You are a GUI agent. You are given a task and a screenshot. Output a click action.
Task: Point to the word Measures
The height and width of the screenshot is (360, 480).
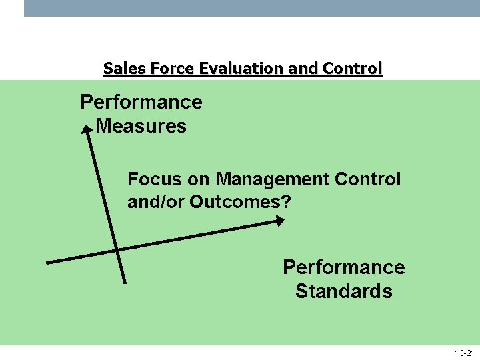pyautogui.click(x=141, y=126)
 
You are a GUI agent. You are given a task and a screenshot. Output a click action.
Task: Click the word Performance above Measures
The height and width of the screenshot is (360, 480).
pyautogui.click(x=141, y=102)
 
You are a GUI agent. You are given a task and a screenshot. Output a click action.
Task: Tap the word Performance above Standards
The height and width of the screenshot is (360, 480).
pyautogui.click(x=344, y=267)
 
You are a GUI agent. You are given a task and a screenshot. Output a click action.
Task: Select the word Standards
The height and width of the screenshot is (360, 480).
pyautogui.click(x=344, y=291)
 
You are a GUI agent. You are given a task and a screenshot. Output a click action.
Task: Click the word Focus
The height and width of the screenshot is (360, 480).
pyautogui.click(x=153, y=179)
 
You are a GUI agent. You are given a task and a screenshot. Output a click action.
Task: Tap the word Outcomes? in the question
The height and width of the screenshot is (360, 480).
pyautogui.click(x=241, y=201)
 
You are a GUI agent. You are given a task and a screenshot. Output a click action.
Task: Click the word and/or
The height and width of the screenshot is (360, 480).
pyautogui.click(x=156, y=201)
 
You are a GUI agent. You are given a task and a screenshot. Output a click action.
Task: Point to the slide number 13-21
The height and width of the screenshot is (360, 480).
pyautogui.click(x=464, y=353)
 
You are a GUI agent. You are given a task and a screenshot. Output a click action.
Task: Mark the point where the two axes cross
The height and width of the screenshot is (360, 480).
pyautogui.click(x=116, y=250)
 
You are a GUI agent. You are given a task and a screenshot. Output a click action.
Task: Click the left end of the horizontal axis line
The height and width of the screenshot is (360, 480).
pyautogui.click(x=48, y=262)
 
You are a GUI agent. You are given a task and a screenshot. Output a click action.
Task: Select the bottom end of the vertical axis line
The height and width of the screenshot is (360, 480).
pyautogui.click(x=124, y=282)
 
